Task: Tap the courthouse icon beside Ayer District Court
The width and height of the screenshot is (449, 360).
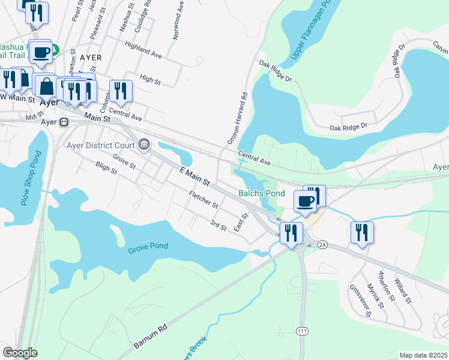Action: click(x=145, y=144)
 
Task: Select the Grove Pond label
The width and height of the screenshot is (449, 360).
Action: click(x=148, y=246)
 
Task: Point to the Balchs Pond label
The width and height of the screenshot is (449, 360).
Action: click(x=261, y=193)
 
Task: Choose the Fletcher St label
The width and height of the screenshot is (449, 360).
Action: click(x=203, y=200)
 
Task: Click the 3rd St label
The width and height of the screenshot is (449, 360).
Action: click(x=218, y=225)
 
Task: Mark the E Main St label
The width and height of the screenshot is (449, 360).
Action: click(x=194, y=176)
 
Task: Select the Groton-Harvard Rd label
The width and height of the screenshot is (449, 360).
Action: click(x=237, y=118)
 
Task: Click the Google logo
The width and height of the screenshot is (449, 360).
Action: click(x=20, y=353)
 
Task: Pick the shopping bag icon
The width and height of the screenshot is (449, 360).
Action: click(x=46, y=86)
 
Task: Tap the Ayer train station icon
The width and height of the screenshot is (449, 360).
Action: click(x=64, y=122)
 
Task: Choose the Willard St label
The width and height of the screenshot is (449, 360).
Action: click(x=403, y=290)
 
